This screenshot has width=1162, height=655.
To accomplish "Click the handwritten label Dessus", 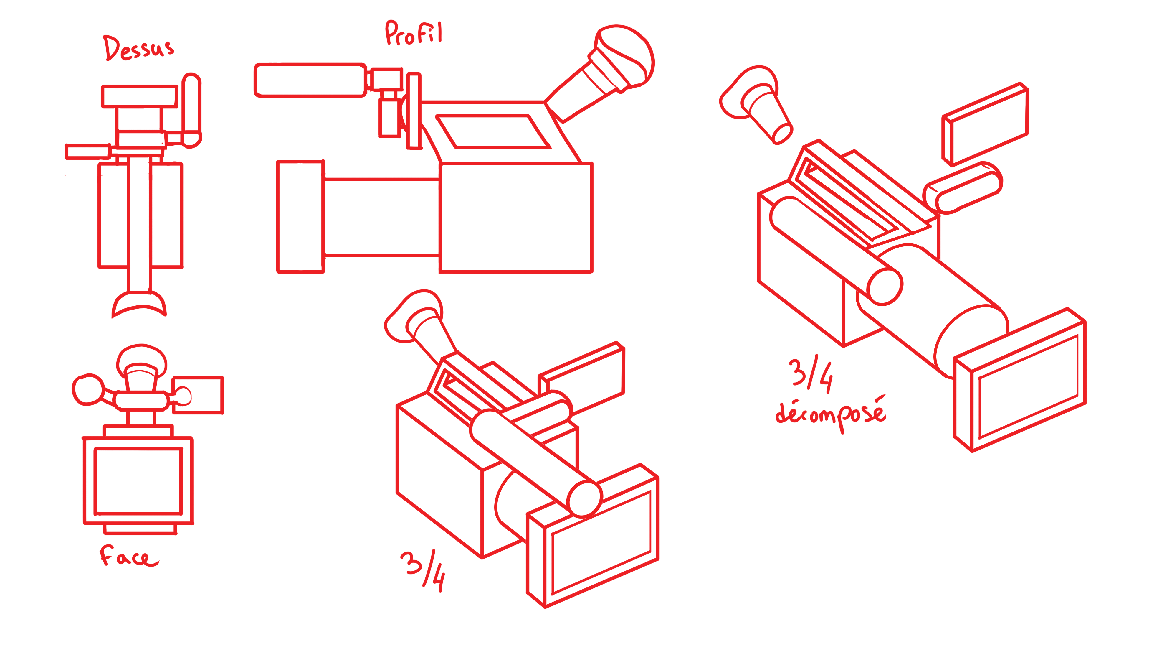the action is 138,48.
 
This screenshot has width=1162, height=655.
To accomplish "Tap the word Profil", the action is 414,33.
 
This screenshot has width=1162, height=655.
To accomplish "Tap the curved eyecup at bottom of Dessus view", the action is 139,304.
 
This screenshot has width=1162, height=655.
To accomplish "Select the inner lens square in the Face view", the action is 138,481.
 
